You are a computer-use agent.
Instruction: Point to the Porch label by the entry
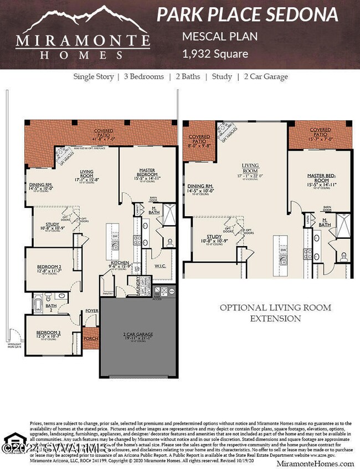90,338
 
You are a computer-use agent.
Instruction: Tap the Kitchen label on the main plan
120,264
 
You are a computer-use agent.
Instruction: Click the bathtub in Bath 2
38,304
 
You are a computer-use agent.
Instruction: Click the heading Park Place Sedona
247,14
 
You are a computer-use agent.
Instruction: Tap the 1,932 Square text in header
215,54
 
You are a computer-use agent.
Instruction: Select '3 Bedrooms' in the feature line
142,77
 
